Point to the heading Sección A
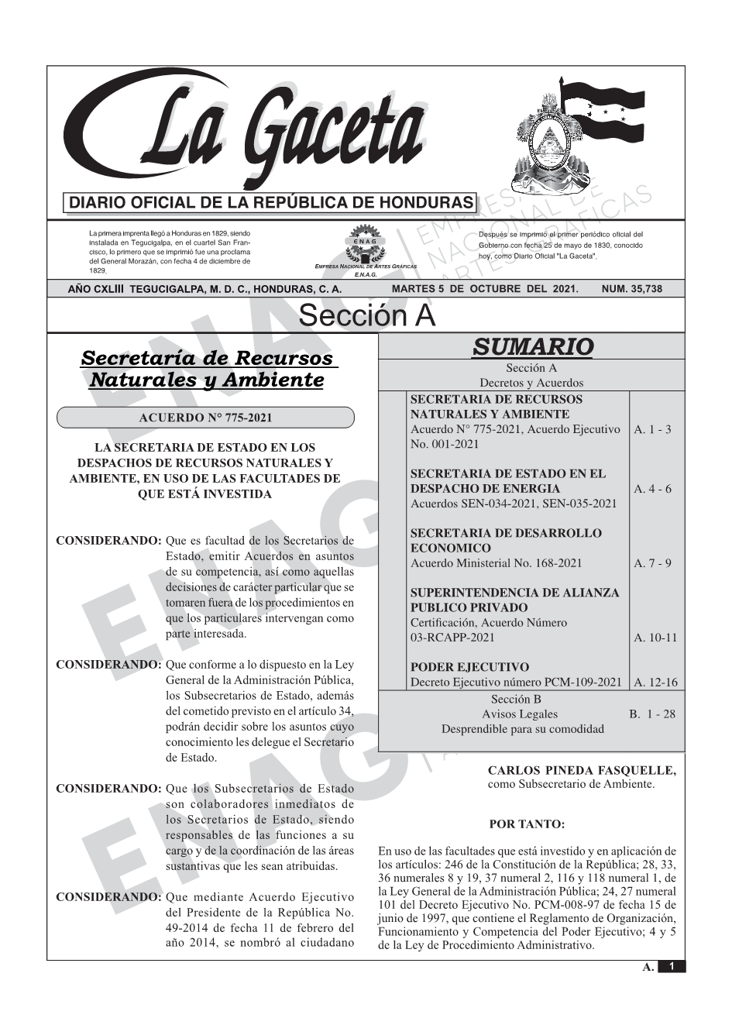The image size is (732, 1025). (366, 316)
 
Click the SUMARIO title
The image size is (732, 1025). (532, 347)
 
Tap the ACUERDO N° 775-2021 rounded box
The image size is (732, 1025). (205, 418)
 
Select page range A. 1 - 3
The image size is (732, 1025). (652, 429)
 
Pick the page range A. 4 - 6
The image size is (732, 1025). (652, 489)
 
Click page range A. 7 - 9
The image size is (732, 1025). (652, 563)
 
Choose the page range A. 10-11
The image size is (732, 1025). (655, 638)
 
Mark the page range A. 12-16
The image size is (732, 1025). (655, 683)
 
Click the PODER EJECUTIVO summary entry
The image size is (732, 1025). (469, 667)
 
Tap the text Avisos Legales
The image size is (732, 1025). (520, 714)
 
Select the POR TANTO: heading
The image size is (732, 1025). (527, 824)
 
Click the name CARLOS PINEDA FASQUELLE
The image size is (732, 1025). (582, 770)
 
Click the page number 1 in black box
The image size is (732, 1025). (672, 966)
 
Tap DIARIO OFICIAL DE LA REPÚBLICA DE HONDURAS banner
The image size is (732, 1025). (271, 203)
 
